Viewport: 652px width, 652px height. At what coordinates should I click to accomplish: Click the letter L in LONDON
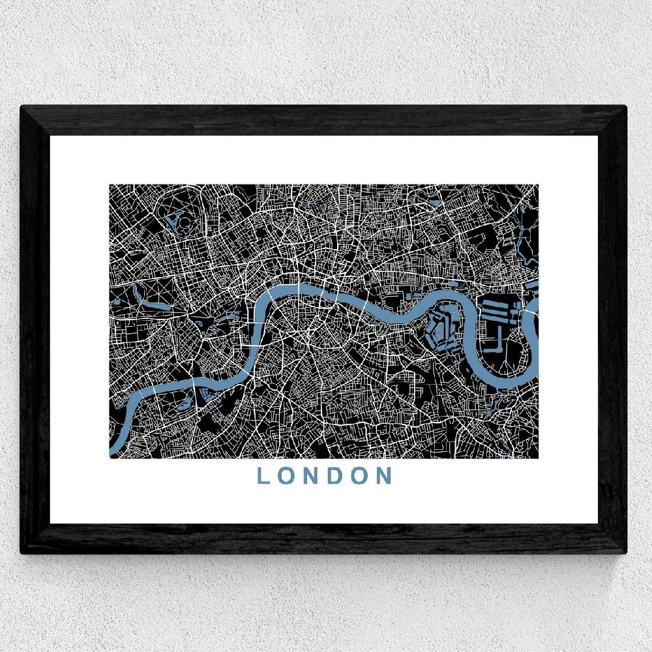(263, 476)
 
